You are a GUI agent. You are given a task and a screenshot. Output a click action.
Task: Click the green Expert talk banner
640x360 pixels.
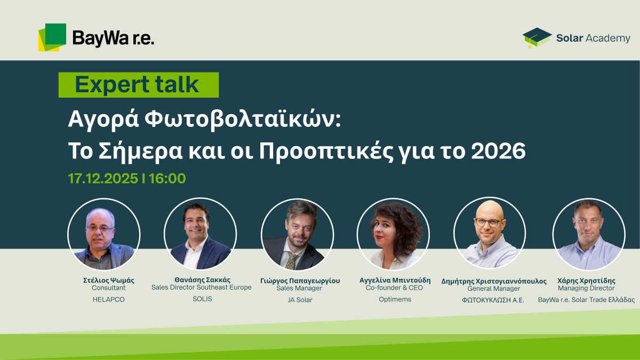tap(138, 85)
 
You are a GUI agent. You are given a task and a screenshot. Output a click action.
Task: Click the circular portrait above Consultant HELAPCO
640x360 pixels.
tap(104, 234)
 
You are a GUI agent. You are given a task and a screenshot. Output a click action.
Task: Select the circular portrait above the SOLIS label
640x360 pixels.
tap(200, 234)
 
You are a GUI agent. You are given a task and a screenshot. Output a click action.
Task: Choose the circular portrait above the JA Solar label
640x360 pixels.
tap(297, 235)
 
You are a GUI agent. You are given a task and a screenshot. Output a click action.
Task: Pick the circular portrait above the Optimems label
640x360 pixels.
tap(394, 235)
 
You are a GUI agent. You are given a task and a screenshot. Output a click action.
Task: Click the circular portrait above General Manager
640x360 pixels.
tap(490, 235)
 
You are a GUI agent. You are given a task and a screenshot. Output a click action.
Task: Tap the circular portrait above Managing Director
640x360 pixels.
tap(588, 235)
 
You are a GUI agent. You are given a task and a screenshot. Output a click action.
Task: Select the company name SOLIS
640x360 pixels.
tap(202, 299)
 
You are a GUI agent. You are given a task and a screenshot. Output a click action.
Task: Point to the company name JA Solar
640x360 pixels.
tap(300, 300)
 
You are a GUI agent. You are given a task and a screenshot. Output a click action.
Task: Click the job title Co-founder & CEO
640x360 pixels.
tap(394, 288)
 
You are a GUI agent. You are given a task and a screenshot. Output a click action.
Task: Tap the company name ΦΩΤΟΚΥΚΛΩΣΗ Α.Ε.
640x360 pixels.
tap(493, 300)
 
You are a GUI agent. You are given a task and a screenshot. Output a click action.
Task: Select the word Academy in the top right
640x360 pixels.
tap(608, 38)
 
